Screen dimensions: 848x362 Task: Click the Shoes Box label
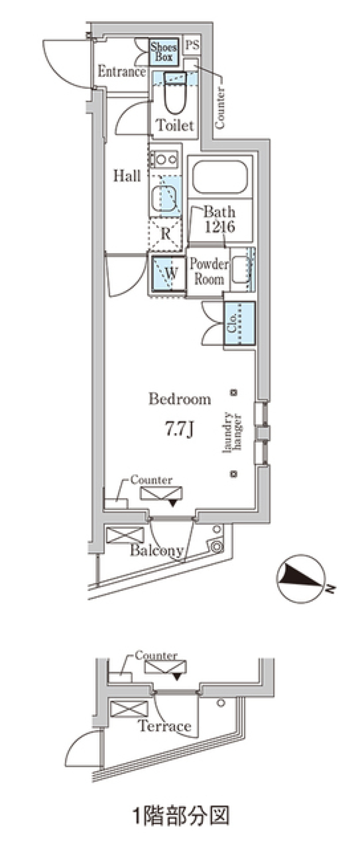point(164,52)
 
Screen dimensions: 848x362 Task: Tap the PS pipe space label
point(192,46)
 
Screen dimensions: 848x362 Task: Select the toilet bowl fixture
point(175,94)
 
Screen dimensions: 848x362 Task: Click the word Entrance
point(121,72)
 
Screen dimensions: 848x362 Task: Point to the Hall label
point(127,176)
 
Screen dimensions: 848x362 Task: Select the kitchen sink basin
point(164,197)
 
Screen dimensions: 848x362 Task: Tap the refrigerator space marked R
point(166,234)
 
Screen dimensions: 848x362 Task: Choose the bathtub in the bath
point(220,177)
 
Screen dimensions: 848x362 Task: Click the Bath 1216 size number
point(220,227)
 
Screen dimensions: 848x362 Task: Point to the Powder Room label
point(209,272)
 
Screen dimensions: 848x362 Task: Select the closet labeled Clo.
point(239,323)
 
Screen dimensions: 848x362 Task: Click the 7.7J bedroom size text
point(179,429)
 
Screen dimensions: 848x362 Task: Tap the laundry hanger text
point(233,432)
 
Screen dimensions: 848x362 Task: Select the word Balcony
point(156,551)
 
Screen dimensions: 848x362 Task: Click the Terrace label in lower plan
point(165,725)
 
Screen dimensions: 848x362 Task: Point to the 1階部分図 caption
point(181,816)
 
